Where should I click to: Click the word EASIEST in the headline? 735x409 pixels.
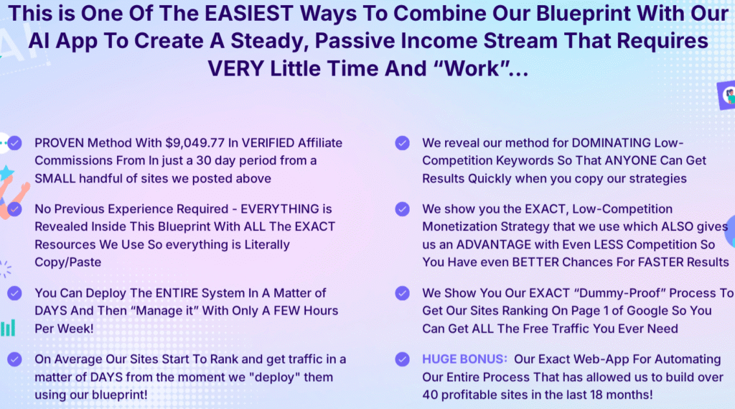(x=249, y=14)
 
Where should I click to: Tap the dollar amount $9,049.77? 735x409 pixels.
(x=195, y=143)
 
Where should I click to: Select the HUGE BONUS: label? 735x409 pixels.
(x=464, y=359)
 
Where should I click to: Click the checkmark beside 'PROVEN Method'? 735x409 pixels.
(x=14, y=143)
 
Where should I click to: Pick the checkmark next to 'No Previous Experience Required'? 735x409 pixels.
(x=14, y=209)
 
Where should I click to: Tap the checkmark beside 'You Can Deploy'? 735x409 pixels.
(x=14, y=293)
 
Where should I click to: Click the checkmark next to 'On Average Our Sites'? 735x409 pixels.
(x=14, y=359)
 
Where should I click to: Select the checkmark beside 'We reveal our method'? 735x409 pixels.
(x=402, y=143)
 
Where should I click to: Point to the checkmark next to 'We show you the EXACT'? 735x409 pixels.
(x=402, y=209)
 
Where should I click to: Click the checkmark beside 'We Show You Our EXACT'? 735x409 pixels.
(x=402, y=293)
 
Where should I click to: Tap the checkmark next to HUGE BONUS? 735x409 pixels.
(x=402, y=359)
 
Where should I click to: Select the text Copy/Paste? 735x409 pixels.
(x=68, y=262)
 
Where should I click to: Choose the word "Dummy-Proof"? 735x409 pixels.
(x=621, y=293)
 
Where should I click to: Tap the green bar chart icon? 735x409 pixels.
(x=8, y=328)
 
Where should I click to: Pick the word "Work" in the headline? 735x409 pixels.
(x=472, y=69)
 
